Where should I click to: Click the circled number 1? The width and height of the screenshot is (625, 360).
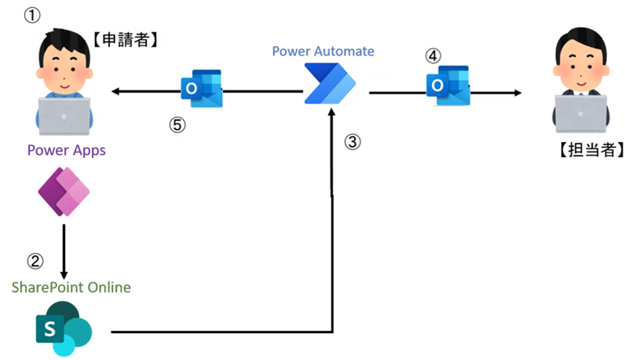[x=32, y=16]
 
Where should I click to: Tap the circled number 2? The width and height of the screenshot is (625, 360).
[x=35, y=261]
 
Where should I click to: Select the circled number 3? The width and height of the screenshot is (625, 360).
[x=352, y=142]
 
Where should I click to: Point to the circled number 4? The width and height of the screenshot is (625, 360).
[x=433, y=56]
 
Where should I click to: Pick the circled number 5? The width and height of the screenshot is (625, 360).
[x=177, y=125]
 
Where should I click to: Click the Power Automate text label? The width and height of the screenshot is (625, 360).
[x=323, y=51]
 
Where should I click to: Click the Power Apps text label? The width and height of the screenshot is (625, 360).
[x=66, y=150]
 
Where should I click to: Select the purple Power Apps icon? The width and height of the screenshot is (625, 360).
[x=64, y=192]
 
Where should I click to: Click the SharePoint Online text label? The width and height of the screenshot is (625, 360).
[x=71, y=287]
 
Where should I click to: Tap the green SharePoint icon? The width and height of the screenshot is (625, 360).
[x=64, y=329]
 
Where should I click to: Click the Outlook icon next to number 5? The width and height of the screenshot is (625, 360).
[x=202, y=89]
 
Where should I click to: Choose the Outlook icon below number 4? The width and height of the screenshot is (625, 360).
[x=448, y=85]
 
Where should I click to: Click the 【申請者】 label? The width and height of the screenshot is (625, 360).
[x=125, y=40]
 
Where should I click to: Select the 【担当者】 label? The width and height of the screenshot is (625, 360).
[x=591, y=149]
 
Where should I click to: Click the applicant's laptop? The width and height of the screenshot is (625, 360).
[x=64, y=116]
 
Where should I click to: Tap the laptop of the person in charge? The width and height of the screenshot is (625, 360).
[x=580, y=114]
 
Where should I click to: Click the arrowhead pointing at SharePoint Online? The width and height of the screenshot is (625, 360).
[x=64, y=275]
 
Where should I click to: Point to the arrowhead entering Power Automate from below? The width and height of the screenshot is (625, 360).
[x=331, y=112]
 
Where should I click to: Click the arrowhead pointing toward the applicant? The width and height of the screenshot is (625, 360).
[x=116, y=91]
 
